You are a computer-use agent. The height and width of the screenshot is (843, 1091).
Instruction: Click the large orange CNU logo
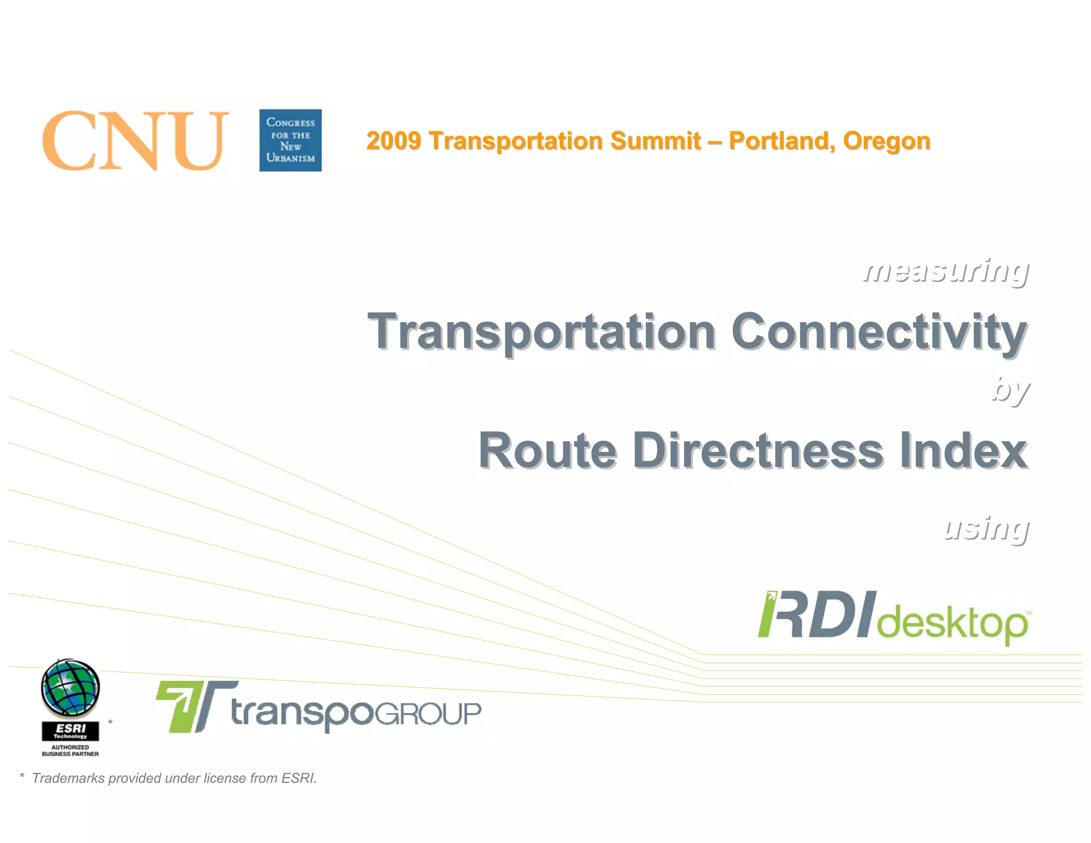coord(135,141)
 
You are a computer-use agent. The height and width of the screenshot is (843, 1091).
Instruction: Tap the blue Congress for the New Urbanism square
coord(290,140)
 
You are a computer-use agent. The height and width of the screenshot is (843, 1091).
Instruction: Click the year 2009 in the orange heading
coord(393,141)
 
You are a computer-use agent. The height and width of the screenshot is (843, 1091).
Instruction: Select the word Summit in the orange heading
coord(655,141)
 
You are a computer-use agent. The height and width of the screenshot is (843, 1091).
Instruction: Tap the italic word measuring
coord(946,271)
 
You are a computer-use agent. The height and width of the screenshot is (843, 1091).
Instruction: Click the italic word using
coord(986,529)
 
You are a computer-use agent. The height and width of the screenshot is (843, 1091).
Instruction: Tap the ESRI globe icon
coord(70,688)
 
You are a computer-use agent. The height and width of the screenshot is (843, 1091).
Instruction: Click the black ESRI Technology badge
coord(70,731)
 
